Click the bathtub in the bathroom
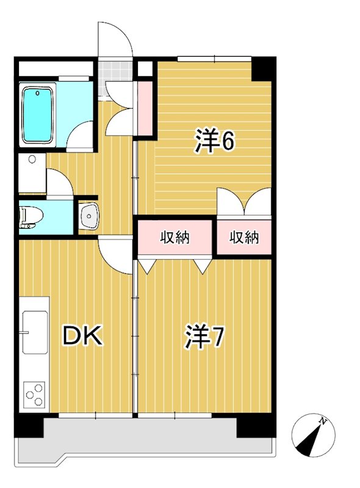38,115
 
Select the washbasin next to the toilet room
90,216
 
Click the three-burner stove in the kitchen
35,395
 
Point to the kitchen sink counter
35,332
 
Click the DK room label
83,337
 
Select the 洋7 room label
204,337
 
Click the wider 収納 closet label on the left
175,237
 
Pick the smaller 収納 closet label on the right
244,237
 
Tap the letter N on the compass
324,421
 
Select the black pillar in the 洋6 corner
264,69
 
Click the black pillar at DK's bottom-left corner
28,426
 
